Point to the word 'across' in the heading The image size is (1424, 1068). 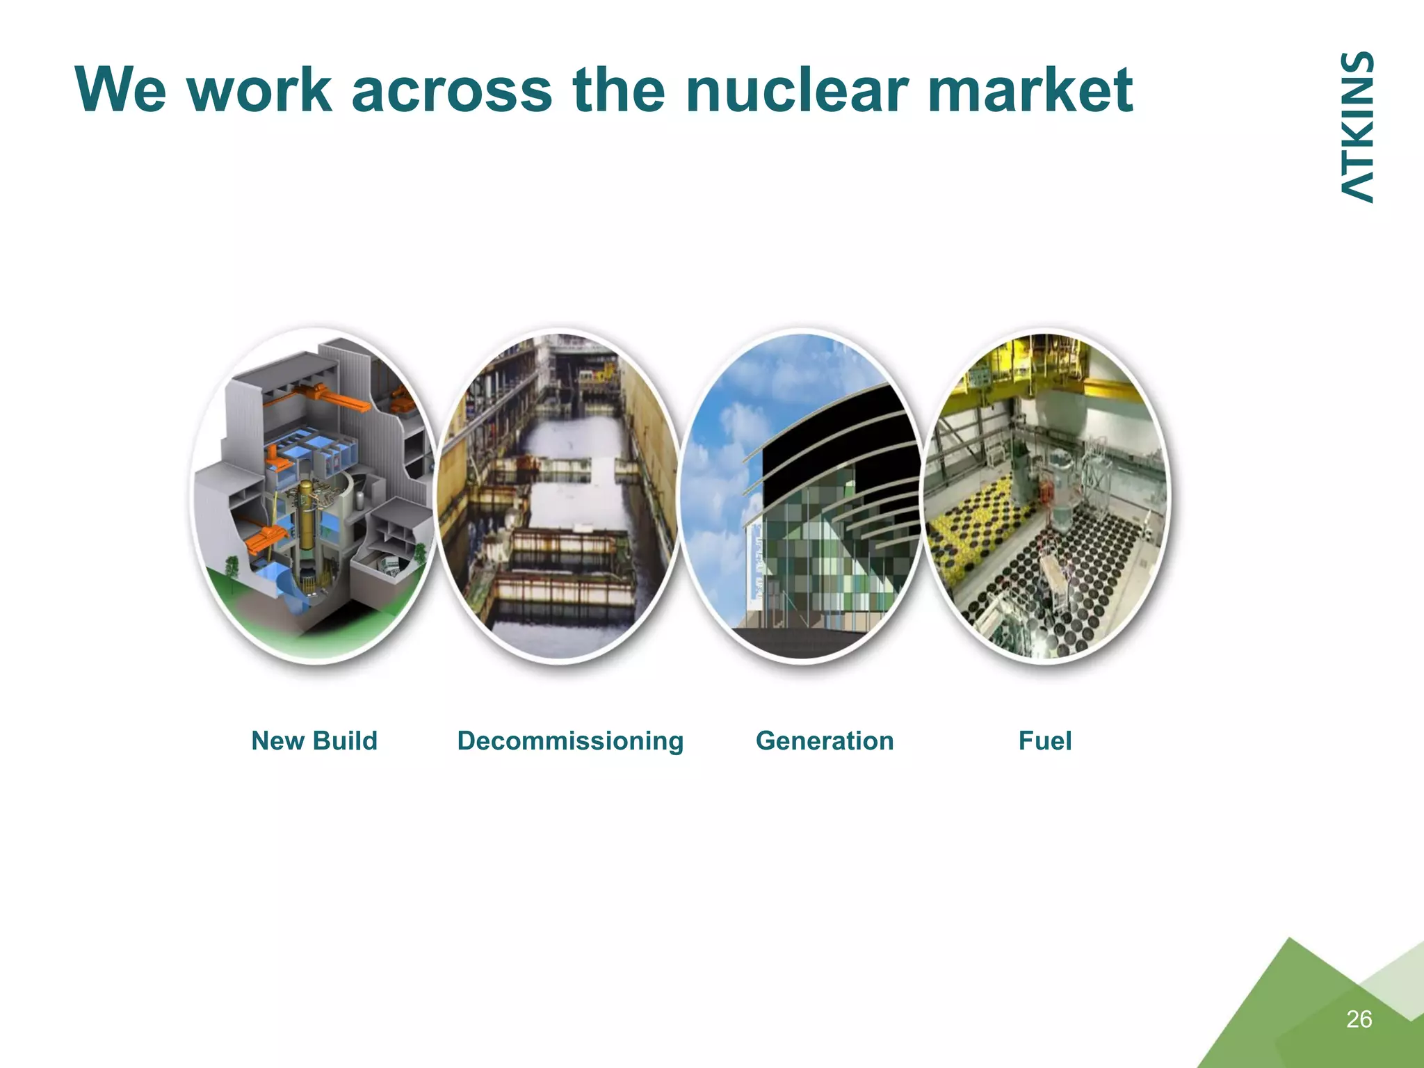click(x=451, y=90)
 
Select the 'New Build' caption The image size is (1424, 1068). click(x=314, y=741)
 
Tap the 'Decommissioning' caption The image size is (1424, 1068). click(x=570, y=741)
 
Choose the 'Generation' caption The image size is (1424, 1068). click(x=825, y=741)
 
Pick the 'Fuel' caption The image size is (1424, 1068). click(x=1044, y=741)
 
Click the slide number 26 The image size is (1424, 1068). click(x=1359, y=1019)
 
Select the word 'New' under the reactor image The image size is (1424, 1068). click(x=277, y=741)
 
